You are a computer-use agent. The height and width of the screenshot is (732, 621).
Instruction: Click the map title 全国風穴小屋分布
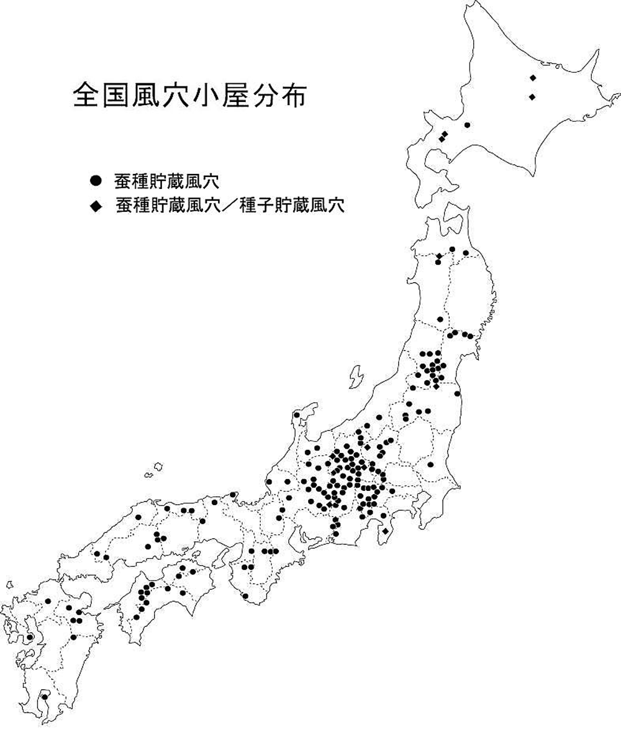189,96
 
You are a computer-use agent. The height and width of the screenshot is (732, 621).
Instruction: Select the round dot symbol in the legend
95,181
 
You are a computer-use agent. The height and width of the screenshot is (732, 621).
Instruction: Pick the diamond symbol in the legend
95,206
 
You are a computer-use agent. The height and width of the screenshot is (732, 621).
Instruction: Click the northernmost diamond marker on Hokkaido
532,78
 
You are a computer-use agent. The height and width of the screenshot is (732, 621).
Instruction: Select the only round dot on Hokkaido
467,125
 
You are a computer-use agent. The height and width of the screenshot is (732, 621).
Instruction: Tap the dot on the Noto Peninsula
297,414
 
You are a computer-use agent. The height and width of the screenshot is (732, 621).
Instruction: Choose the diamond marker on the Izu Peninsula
386,531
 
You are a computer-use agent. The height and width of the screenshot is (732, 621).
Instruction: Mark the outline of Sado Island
356,377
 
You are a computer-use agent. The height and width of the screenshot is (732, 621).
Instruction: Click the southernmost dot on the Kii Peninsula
245,596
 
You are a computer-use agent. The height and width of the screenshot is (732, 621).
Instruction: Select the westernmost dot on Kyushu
29,638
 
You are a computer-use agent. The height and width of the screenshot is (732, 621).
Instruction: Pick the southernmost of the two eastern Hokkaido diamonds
532,97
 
